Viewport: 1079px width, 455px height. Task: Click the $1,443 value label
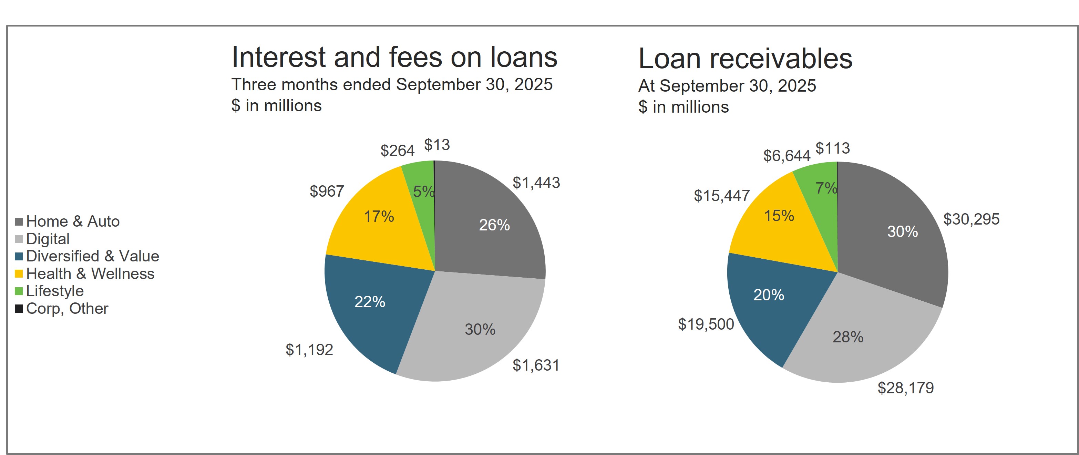click(536, 183)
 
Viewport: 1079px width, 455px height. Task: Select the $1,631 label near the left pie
click(536, 365)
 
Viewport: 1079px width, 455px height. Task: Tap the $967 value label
click(327, 192)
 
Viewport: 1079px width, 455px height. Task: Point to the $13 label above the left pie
click(437, 145)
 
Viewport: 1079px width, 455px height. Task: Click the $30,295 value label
click(971, 219)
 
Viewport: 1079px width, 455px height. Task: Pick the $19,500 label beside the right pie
click(706, 324)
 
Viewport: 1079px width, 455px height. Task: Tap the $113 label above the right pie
click(833, 148)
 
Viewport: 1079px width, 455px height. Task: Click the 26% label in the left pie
click(494, 225)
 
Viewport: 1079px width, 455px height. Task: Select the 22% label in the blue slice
click(369, 302)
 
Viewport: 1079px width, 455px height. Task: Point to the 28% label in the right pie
click(848, 337)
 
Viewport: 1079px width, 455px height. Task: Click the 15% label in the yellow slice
click(779, 216)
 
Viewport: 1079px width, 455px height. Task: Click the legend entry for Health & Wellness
click(90, 273)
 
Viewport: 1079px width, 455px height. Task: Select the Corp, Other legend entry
click(67, 309)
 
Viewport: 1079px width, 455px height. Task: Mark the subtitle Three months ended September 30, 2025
click(392, 85)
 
